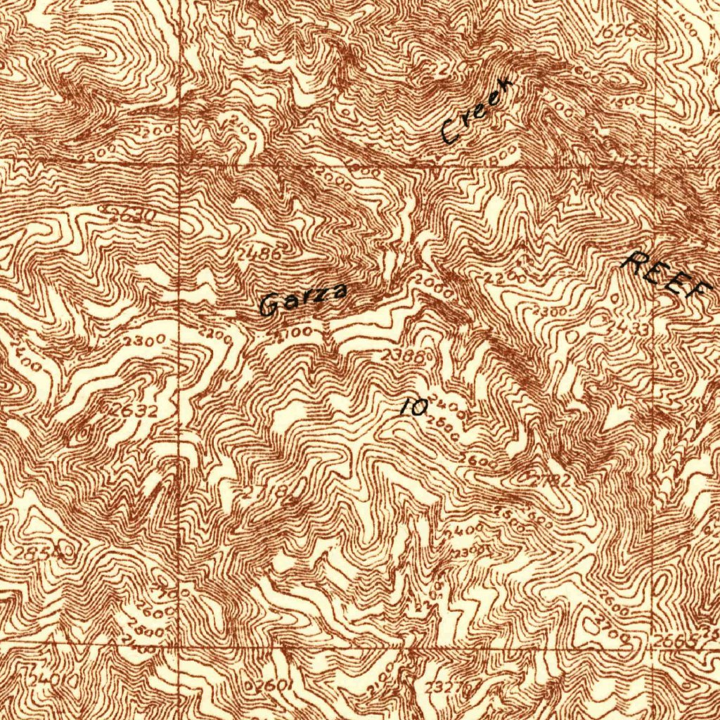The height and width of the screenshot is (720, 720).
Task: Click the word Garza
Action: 303,300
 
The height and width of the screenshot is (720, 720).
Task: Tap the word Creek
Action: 477,112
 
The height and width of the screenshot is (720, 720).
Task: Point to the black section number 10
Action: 415,406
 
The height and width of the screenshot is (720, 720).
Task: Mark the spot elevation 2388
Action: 402,356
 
